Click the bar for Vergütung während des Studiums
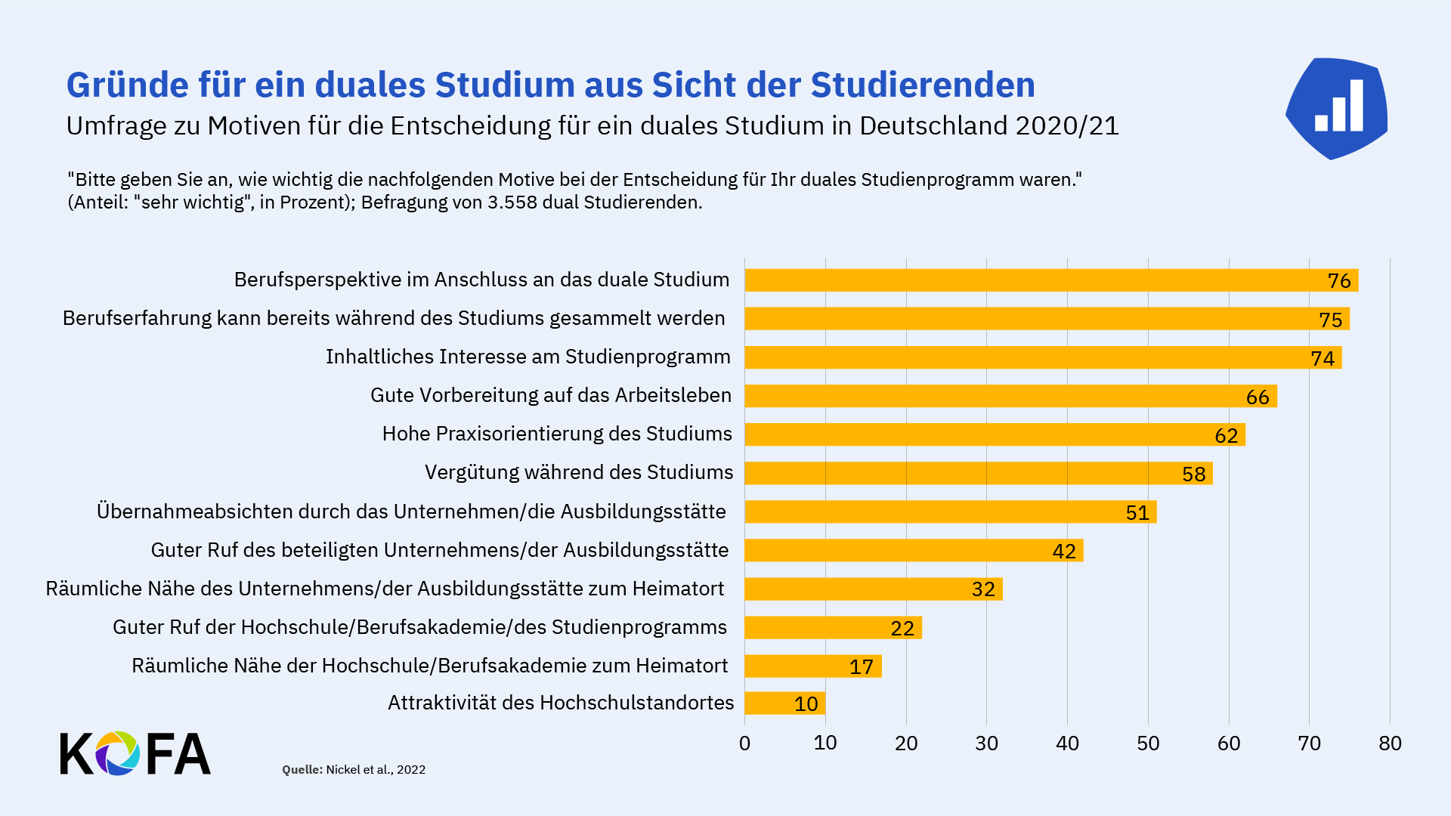(x=978, y=473)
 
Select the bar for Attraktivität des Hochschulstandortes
(x=784, y=703)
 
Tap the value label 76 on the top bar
(x=1338, y=281)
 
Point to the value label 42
(x=1063, y=551)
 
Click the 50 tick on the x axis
(x=1147, y=743)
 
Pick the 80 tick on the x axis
(x=1389, y=743)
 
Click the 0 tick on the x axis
(x=744, y=743)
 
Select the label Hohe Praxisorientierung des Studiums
(x=557, y=434)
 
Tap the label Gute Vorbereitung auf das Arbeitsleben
(x=551, y=395)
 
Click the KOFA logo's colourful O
(x=117, y=753)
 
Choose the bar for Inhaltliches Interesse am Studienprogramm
(x=1043, y=357)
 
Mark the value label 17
(x=861, y=666)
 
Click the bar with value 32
(x=873, y=589)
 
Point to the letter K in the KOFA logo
(x=76, y=753)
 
